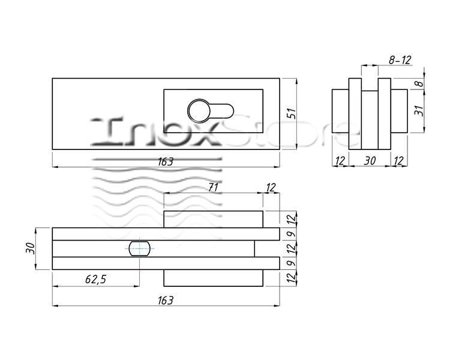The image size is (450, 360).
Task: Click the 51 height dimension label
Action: pos(291,113)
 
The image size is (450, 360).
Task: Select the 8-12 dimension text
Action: pos(400,60)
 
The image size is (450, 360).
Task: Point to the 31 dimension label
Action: pos(419,110)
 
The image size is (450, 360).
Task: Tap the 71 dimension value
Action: pos(213,187)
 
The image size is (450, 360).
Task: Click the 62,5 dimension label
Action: pos(96,279)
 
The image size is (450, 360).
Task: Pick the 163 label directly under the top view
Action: pos(166,162)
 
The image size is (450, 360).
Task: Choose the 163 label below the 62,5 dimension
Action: pos(166,301)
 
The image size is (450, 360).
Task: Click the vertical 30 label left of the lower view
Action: pos(30,248)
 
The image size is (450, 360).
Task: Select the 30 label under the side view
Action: pos(370,160)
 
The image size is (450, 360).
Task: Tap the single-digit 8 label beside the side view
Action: pos(419,83)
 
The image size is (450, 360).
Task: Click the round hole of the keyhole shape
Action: pos(199,111)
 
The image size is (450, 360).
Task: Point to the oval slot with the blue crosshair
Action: pos(139,248)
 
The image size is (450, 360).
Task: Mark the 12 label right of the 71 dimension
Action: pos(271,187)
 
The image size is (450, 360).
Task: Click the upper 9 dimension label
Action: pos(291,234)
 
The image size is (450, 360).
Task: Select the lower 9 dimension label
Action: pos(291,263)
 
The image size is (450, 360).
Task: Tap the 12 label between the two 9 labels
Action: pos(291,248)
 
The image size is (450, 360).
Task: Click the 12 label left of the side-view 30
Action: pos(340,160)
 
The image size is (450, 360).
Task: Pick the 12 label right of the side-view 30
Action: pos(398,160)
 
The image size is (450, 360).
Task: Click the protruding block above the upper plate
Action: pos(213,220)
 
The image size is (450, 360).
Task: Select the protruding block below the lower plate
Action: pos(213,278)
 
